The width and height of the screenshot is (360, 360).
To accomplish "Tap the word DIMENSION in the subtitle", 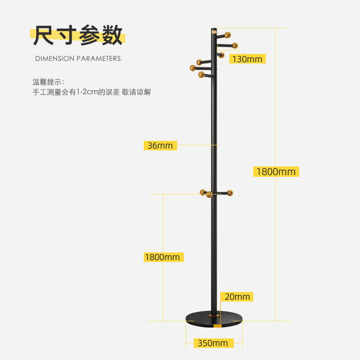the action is [x=55, y=58].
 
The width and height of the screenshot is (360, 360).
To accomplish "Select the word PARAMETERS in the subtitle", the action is [x=99, y=58].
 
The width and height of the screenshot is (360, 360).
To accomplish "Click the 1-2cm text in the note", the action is [x=87, y=92].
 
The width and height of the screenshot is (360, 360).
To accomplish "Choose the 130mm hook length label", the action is [x=247, y=59].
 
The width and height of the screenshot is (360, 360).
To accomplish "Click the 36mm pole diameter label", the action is [x=160, y=145].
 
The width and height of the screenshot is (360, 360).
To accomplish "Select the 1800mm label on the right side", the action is [x=276, y=171].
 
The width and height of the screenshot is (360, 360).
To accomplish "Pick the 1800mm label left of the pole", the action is [x=162, y=257].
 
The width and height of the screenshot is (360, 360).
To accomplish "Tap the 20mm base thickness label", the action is [x=237, y=297].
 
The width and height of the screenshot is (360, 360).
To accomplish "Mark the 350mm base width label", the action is [x=213, y=343].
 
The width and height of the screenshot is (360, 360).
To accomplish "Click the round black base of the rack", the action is [x=214, y=317].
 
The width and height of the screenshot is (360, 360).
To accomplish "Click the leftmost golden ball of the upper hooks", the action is [x=193, y=68].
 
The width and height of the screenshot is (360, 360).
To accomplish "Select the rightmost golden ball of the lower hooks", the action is [x=230, y=193].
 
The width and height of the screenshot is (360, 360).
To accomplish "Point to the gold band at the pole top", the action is [x=214, y=33].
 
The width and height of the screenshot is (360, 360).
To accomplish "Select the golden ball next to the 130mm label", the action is [x=221, y=55].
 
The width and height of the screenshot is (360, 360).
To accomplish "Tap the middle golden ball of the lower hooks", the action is [x=209, y=195].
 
